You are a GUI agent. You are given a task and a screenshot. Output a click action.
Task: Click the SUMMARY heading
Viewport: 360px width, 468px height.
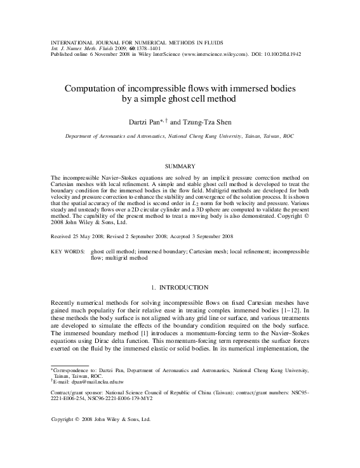pos(180,166)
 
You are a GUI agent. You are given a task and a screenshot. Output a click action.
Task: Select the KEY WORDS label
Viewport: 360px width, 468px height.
pos(66,251)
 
